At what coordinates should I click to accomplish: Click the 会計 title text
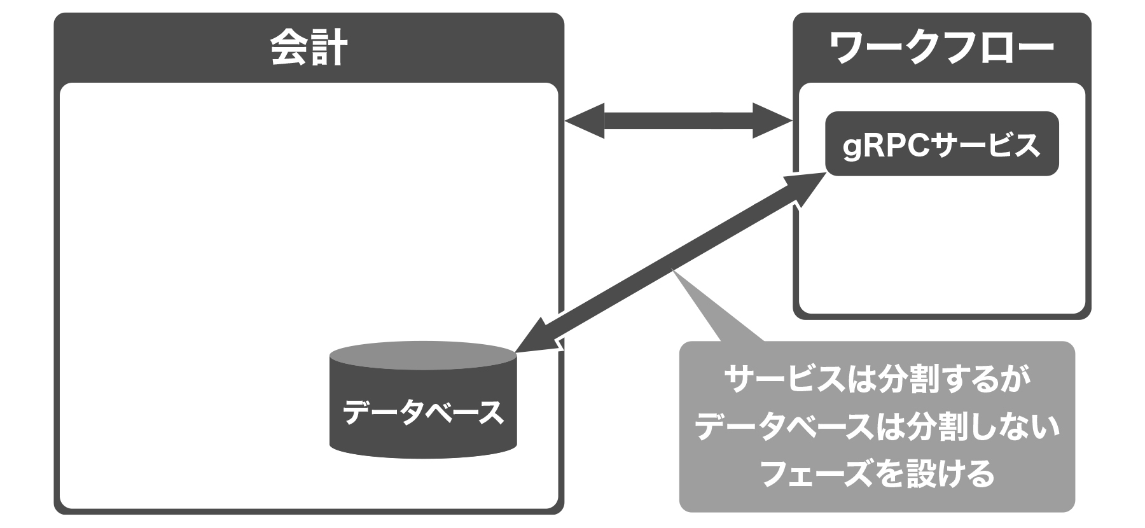309,48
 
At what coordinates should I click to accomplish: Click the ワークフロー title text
942,48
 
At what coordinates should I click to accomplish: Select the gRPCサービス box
941,144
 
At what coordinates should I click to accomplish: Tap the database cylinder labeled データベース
423,413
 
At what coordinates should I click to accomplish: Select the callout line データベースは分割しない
877,427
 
